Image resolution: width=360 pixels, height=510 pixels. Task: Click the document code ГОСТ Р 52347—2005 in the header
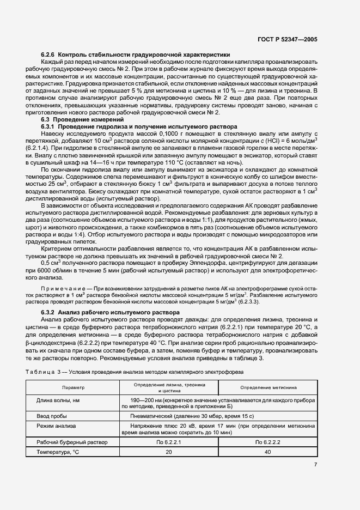tap(294, 39)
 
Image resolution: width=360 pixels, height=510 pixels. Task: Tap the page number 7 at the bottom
tap(315, 465)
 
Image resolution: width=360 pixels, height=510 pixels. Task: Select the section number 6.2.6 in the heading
tap(48, 55)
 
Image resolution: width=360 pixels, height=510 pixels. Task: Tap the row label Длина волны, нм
tap(58, 400)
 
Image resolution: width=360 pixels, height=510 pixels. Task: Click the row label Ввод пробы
tap(52, 415)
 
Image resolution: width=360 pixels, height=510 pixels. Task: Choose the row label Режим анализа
tap(56, 426)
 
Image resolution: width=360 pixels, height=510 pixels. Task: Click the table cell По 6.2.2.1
tap(168, 442)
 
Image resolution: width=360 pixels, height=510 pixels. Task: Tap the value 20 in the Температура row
tap(168, 452)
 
